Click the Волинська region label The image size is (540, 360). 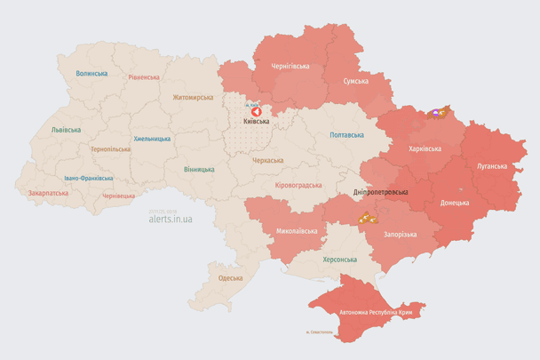(x=91, y=74)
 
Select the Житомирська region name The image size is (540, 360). (x=193, y=97)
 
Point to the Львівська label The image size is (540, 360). (x=66, y=130)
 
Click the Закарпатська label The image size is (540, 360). (x=48, y=192)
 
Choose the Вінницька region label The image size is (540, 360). (x=199, y=169)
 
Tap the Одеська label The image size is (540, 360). (x=230, y=278)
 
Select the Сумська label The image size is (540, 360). (x=356, y=81)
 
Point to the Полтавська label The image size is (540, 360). (x=346, y=135)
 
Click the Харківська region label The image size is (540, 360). (x=425, y=148)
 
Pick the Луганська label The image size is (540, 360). (x=492, y=166)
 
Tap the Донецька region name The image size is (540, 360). (x=455, y=203)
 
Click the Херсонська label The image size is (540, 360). (x=338, y=259)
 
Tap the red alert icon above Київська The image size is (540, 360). (x=254, y=111)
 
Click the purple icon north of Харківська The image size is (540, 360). (x=436, y=114)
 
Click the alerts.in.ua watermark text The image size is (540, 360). (x=170, y=218)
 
